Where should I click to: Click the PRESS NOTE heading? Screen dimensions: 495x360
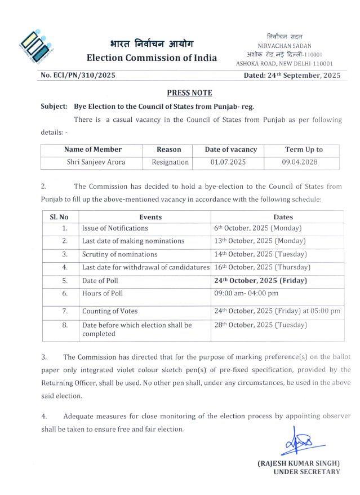point(189,92)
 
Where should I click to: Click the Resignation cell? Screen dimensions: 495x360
point(170,162)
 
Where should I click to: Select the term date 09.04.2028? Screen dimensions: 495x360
point(304,162)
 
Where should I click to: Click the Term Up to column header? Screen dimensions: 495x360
point(304,149)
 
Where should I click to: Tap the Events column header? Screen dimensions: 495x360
point(150,216)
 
